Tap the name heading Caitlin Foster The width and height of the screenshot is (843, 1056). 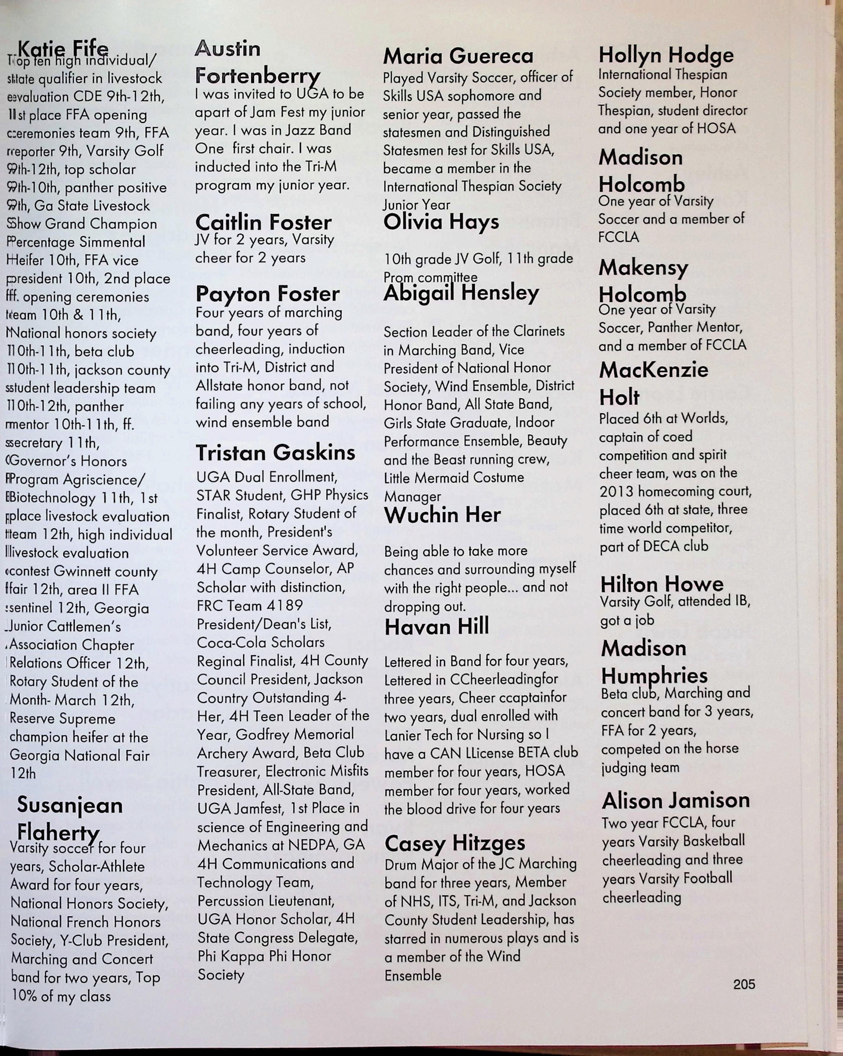point(263,222)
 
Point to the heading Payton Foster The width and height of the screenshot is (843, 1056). point(267,294)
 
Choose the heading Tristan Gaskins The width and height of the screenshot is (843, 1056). point(275,452)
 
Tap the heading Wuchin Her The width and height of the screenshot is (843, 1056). point(442,515)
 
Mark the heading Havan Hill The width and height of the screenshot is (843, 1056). point(437,627)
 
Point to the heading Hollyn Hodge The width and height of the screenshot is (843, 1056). point(666,55)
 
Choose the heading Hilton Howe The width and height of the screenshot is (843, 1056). point(662,584)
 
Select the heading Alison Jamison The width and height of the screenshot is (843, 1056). point(676,801)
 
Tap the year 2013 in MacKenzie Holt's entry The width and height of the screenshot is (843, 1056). point(617,491)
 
